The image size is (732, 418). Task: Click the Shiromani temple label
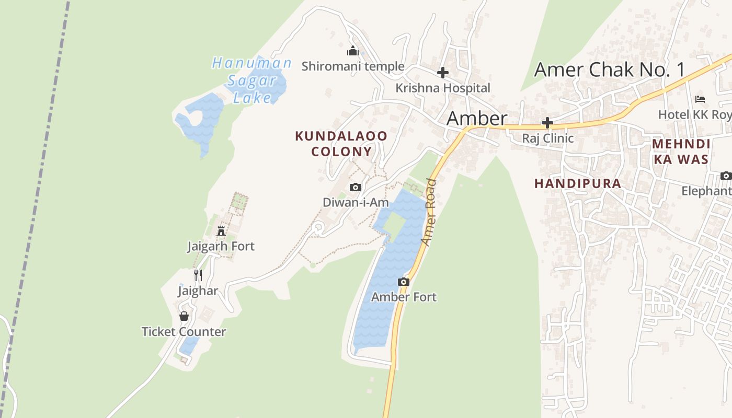[353, 66]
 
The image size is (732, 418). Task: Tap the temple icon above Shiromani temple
[353, 51]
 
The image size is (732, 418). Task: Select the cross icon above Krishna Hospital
[443, 73]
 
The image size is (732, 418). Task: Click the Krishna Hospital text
[443, 88]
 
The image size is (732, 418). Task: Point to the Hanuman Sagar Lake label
[251, 80]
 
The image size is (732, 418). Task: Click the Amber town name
[476, 119]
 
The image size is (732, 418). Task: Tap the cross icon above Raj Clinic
[547, 123]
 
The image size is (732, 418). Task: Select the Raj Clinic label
[547, 138]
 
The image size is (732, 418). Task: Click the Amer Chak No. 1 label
[609, 69]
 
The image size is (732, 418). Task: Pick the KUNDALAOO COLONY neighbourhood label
[341, 144]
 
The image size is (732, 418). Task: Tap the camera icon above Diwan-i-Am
[356, 187]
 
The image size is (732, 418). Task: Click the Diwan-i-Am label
[356, 202]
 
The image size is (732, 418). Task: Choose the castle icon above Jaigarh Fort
[221, 230]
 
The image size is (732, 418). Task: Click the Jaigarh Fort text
[221, 246]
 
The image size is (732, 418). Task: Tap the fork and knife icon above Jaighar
[198, 275]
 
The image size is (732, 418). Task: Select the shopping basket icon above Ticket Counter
[184, 316]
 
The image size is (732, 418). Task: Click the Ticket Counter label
[184, 331]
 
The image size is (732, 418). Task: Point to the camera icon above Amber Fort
[404, 282]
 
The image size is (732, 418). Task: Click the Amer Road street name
[429, 212]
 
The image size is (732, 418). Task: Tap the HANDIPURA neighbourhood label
[578, 183]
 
